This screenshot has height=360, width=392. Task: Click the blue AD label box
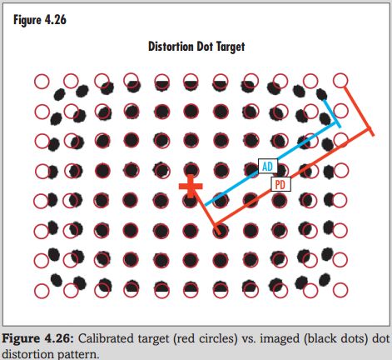coord(267,166)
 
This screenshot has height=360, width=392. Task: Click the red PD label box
coord(280,184)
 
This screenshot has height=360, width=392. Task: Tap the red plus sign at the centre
coord(191,186)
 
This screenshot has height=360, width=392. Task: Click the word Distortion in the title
coord(171,47)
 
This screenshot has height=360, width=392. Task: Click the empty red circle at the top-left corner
coord(42,82)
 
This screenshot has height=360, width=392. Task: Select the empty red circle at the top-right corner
coord(340,81)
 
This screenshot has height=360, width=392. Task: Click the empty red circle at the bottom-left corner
coord(42,291)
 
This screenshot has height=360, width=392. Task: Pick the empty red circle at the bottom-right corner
coord(340,290)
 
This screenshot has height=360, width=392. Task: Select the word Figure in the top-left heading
coord(27,20)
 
